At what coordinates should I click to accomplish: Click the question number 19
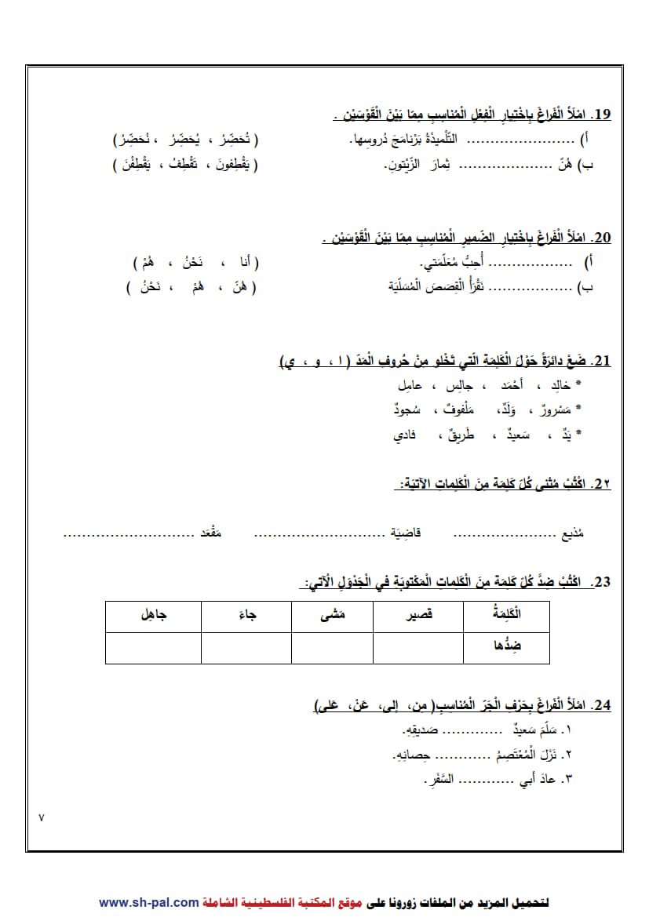pos(602,115)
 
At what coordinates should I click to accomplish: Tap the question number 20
pos(602,238)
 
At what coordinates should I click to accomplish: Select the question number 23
pos(602,582)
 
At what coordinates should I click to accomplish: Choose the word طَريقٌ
pos(458,434)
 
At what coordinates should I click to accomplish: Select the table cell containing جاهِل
pos(153,616)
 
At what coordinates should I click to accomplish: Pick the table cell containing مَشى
pos(331,616)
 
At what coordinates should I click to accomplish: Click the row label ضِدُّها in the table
pos(506,647)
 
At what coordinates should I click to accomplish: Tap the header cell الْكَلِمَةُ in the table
pos(506,615)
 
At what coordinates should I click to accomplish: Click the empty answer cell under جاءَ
pos(246,648)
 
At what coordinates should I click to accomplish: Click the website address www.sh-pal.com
pos(148,902)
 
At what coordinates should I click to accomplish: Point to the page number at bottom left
pos(42,817)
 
